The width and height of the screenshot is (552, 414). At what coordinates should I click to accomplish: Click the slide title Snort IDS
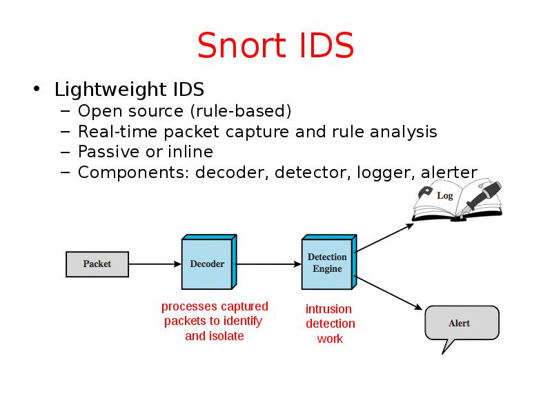click(x=275, y=46)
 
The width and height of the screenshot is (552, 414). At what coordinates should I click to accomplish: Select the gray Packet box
click(x=97, y=264)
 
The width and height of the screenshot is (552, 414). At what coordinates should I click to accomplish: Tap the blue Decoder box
click(x=207, y=264)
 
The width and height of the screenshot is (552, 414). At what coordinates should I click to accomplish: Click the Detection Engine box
click(x=327, y=264)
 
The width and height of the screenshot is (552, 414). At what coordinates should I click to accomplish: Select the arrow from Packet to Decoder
click(x=155, y=264)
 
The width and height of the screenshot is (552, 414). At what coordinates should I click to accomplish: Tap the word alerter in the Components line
click(x=449, y=172)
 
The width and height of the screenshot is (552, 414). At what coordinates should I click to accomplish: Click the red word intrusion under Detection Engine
click(x=328, y=309)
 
